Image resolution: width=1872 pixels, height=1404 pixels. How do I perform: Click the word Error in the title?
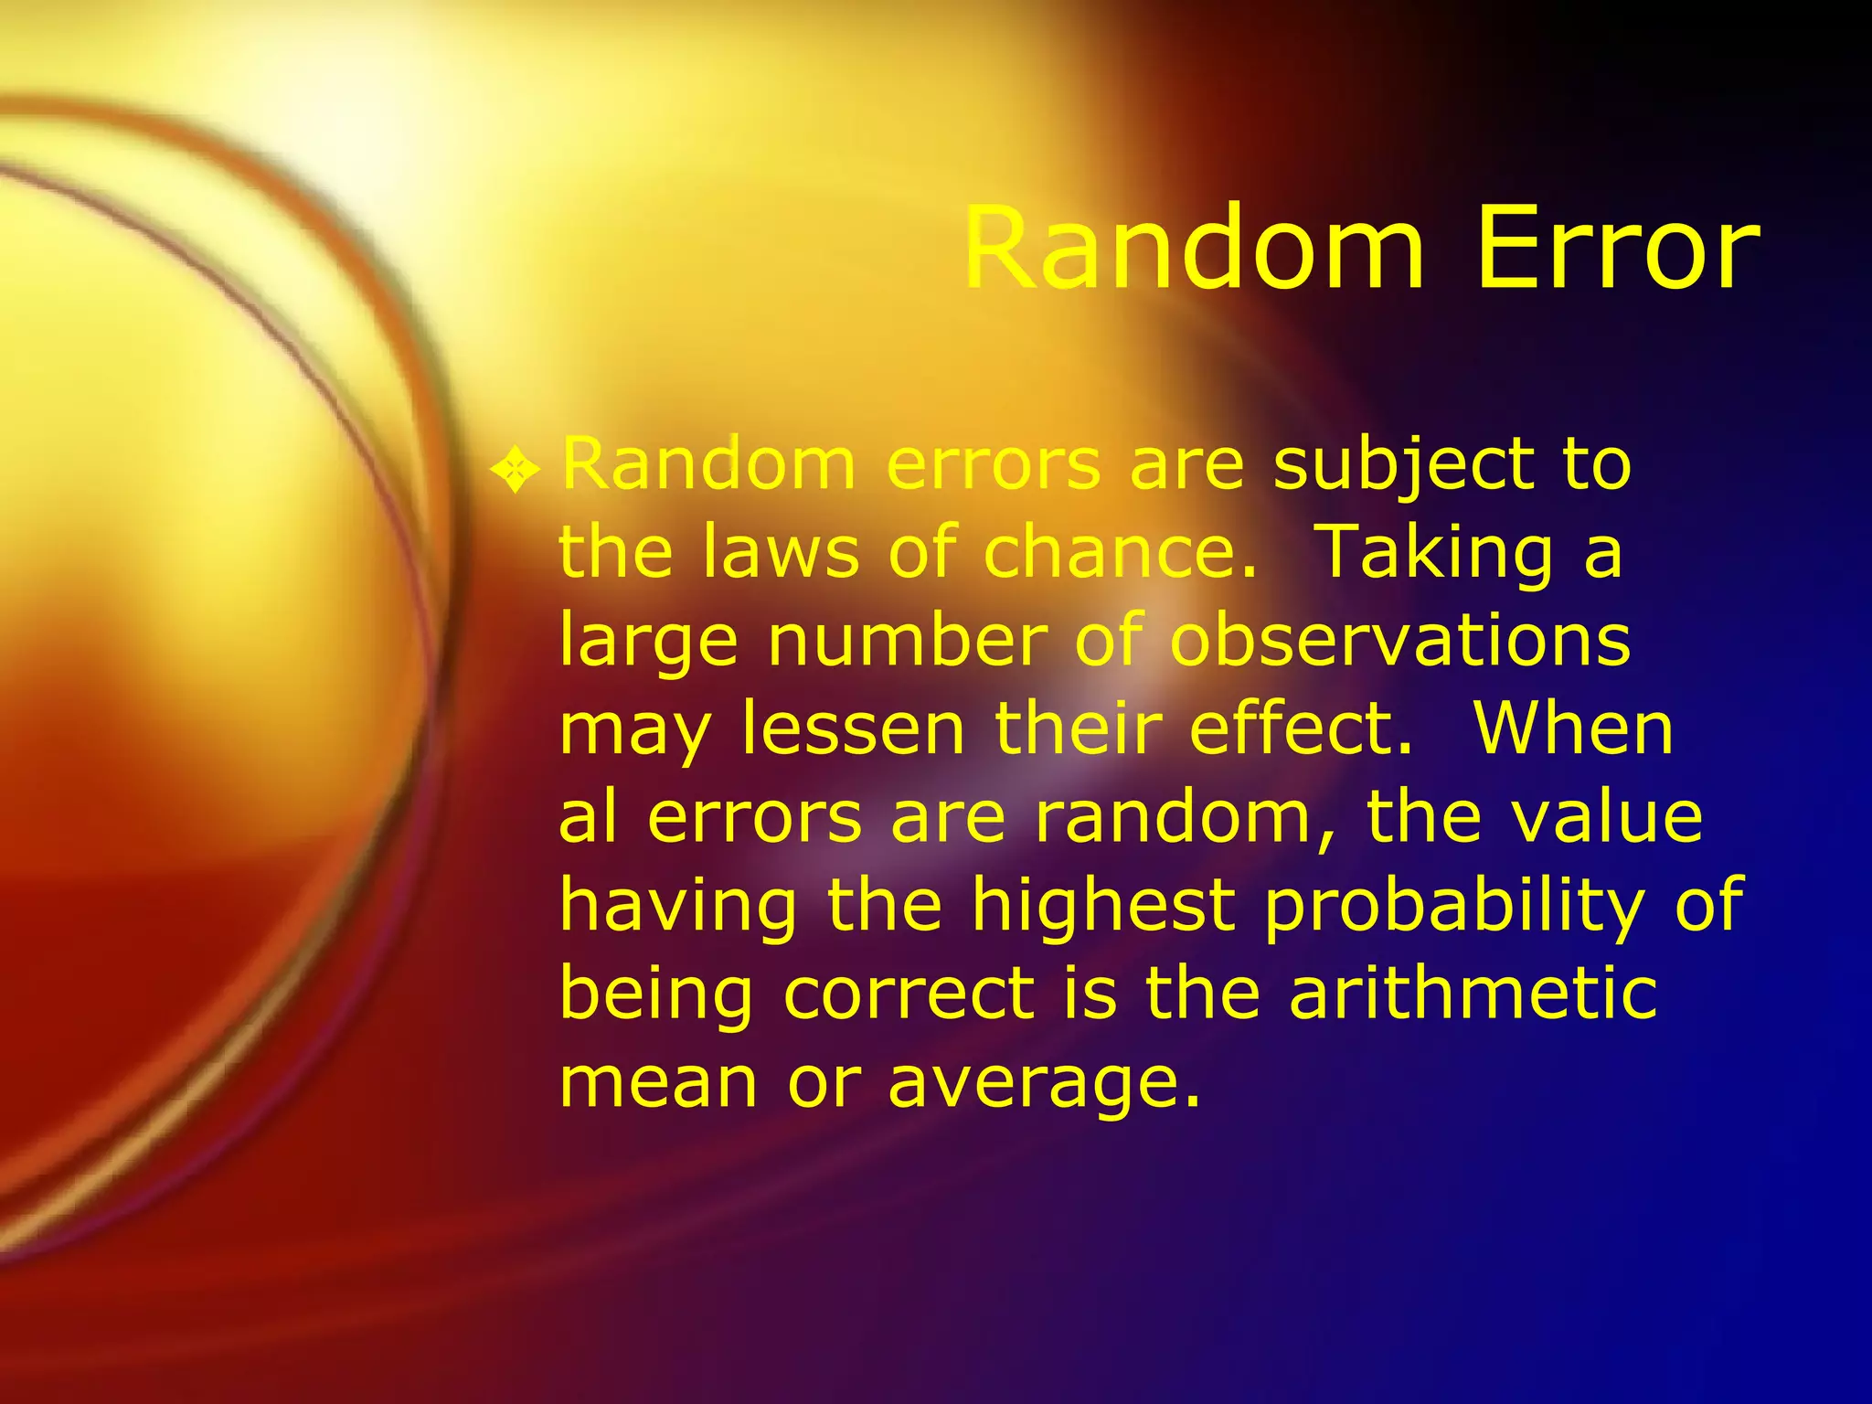1617,250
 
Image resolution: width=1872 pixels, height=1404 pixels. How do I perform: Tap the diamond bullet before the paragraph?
516,470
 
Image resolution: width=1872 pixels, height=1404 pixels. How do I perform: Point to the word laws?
782,553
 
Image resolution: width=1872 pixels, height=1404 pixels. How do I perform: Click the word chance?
1120,553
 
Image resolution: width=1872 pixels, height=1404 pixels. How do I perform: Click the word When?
1573,729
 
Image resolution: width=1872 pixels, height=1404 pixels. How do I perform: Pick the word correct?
909,994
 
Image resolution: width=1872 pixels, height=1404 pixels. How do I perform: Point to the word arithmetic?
1473,994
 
